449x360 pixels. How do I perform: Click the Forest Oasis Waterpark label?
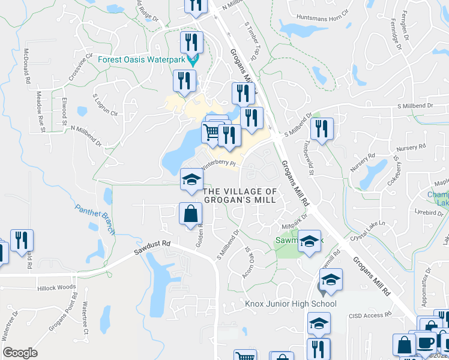(x=142, y=59)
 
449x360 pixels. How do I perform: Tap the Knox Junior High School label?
(x=291, y=304)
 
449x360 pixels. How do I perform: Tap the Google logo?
(x=20, y=353)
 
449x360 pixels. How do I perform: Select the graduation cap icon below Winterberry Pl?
(x=192, y=179)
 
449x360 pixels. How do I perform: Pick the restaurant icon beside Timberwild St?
(x=322, y=128)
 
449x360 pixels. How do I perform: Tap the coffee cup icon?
(x=426, y=343)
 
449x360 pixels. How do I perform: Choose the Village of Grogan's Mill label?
(x=240, y=196)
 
